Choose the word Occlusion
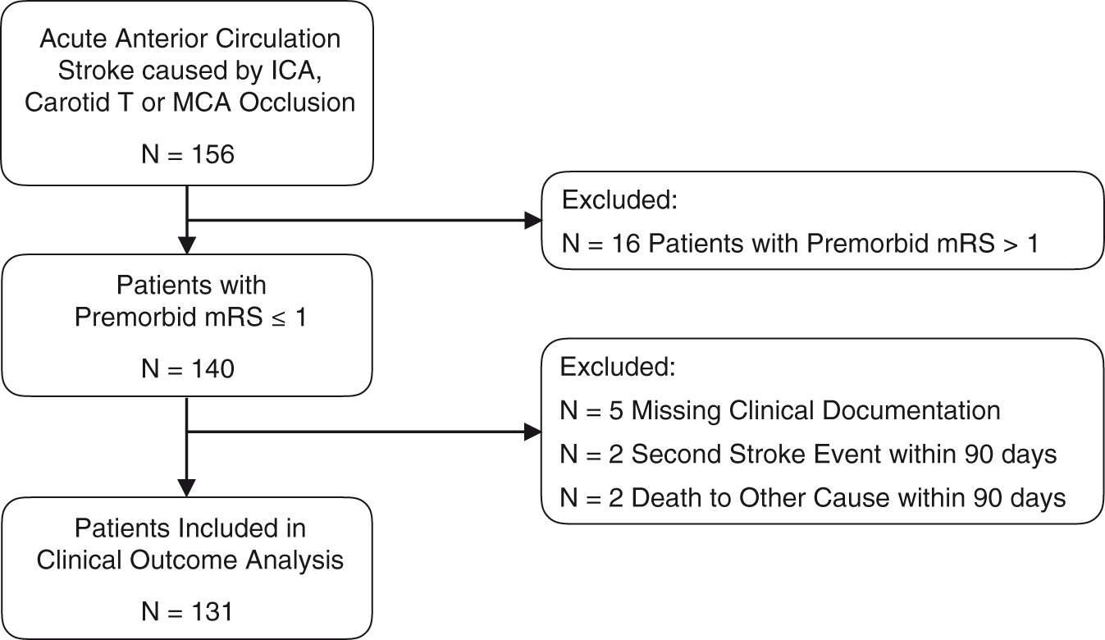tap(297, 103)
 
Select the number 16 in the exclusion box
tap(625, 243)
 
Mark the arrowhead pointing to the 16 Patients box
tap(533, 221)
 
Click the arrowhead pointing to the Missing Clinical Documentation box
tap(533, 432)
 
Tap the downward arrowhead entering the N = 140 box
tap(187, 245)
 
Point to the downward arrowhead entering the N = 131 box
tap(186, 488)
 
